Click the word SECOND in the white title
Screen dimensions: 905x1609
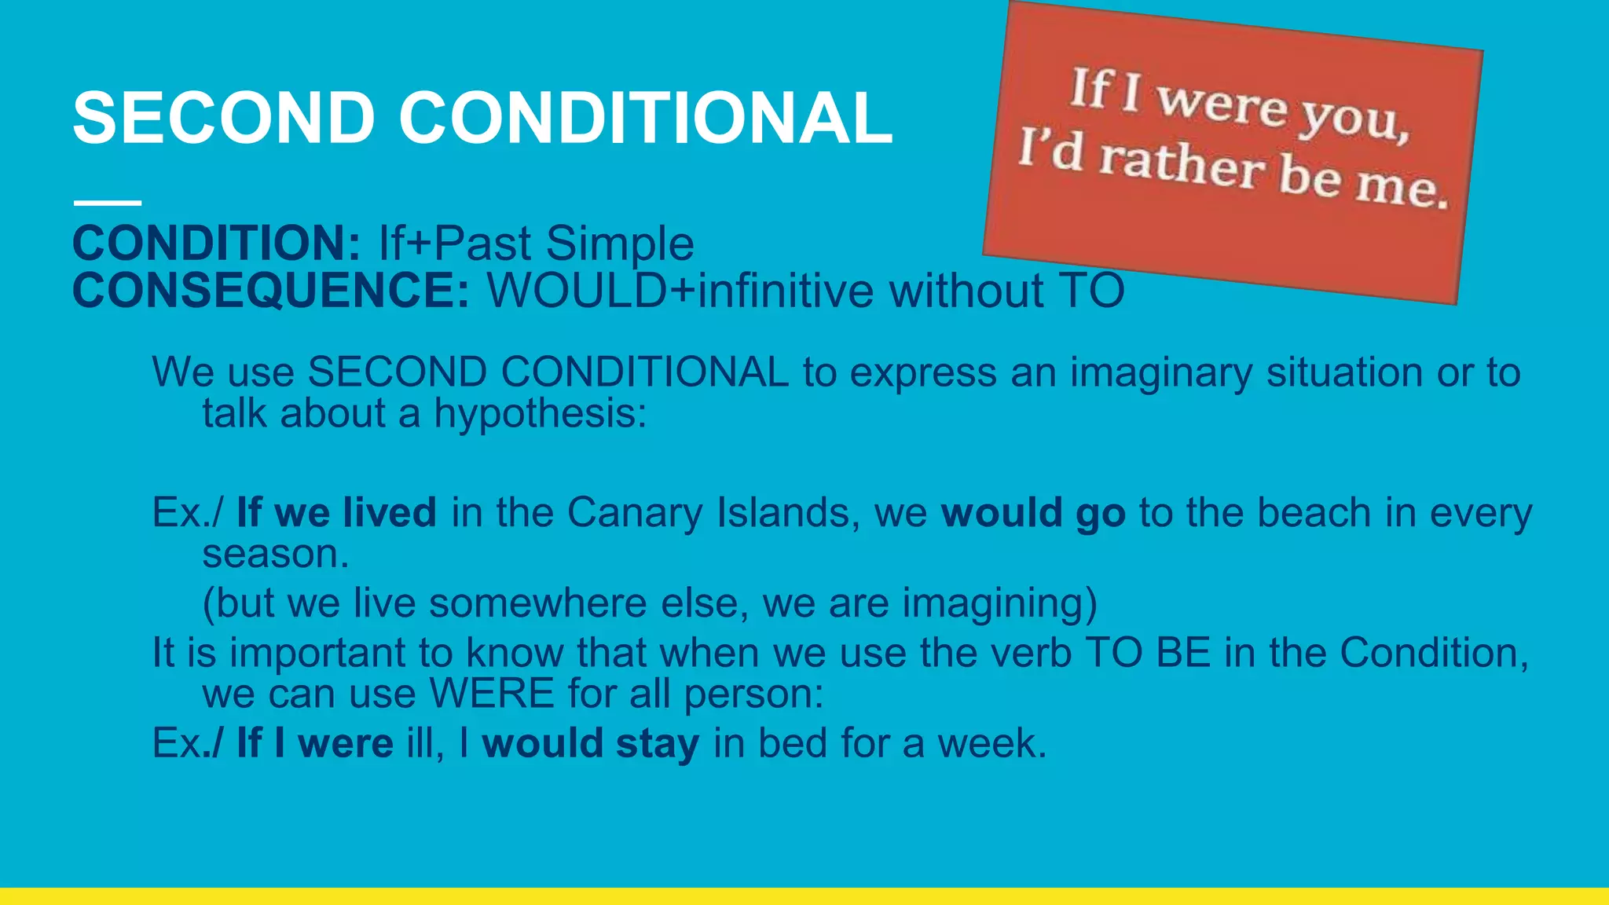224,118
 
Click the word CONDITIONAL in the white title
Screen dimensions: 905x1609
645,118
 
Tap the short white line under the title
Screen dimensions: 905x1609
108,203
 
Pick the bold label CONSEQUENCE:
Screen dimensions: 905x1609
271,291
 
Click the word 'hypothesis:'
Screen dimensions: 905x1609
541,414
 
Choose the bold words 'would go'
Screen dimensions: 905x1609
1033,513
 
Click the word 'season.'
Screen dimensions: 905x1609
276,554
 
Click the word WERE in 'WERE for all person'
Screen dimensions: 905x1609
492,694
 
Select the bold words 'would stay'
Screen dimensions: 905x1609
590,743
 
